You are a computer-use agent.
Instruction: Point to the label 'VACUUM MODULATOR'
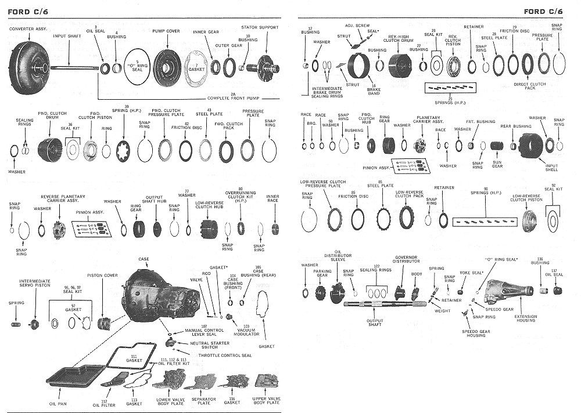tap(246, 332)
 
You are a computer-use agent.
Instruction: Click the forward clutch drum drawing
tap(53, 150)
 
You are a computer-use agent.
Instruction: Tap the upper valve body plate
tap(266, 381)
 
